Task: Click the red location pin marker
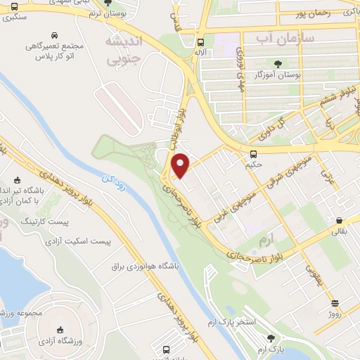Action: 181,165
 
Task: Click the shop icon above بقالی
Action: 339,219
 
